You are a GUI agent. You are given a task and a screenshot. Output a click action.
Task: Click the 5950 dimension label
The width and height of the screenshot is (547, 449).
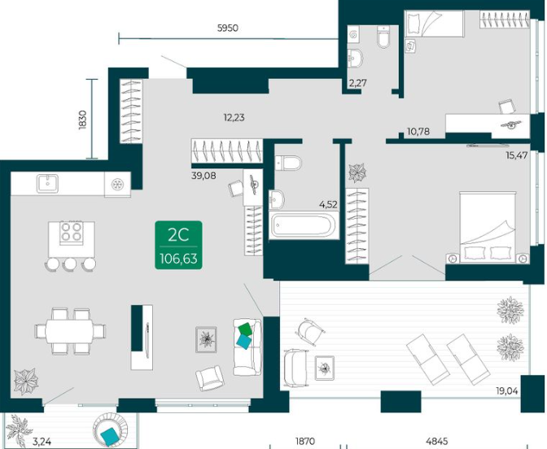(x=228, y=28)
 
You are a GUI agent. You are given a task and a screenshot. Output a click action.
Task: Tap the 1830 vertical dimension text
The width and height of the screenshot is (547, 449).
(x=82, y=120)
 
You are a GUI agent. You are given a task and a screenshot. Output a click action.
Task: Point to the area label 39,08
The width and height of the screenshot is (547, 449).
(x=203, y=176)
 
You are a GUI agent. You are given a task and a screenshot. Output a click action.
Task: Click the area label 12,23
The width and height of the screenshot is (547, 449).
(x=234, y=118)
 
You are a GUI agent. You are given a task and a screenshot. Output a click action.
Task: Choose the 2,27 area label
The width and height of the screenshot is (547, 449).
(x=358, y=83)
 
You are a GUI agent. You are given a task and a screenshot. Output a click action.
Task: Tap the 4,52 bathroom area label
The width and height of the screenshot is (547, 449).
(x=328, y=205)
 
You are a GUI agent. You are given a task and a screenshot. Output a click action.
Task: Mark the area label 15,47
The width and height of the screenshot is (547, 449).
(x=517, y=155)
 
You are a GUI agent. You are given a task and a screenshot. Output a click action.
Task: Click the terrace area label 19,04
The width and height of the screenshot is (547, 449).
(x=507, y=391)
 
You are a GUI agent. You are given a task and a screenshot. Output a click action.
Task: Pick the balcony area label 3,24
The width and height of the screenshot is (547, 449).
(x=42, y=442)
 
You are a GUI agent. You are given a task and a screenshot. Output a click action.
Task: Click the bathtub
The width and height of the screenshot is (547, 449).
(x=304, y=225)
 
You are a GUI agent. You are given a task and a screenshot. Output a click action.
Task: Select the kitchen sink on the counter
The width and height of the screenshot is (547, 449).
(x=48, y=184)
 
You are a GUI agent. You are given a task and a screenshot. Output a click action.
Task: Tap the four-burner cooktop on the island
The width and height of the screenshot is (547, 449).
(x=72, y=232)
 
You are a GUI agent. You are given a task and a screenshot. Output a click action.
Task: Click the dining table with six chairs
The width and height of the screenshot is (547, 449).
(x=70, y=331)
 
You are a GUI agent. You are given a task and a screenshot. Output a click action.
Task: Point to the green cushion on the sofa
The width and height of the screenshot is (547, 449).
(x=245, y=329)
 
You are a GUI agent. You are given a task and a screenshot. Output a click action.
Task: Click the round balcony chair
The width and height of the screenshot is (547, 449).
(x=111, y=430)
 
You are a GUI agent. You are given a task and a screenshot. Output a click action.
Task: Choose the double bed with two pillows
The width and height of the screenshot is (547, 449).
(x=488, y=227)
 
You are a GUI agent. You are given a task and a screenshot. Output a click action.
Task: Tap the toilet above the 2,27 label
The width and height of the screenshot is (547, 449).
(x=383, y=37)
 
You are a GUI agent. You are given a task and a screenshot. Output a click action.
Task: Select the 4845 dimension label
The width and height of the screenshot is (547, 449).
(x=437, y=442)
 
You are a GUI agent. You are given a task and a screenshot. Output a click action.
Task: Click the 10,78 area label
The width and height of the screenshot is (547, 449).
(x=418, y=132)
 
